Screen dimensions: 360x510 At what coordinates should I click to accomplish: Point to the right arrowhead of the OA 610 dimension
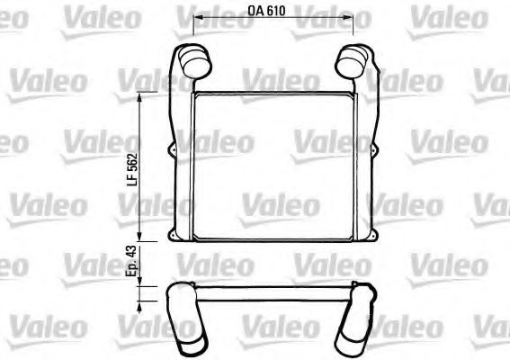point(349,19)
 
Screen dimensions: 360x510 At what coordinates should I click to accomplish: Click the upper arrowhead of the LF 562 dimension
point(141,95)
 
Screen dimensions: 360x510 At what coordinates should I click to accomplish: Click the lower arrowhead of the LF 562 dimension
point(141,240)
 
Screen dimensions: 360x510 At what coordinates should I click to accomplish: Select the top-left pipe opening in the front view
point(196,64)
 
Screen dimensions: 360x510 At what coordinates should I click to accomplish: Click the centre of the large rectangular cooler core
point(273,166)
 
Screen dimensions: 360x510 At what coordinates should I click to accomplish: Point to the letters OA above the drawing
point(258,10)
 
